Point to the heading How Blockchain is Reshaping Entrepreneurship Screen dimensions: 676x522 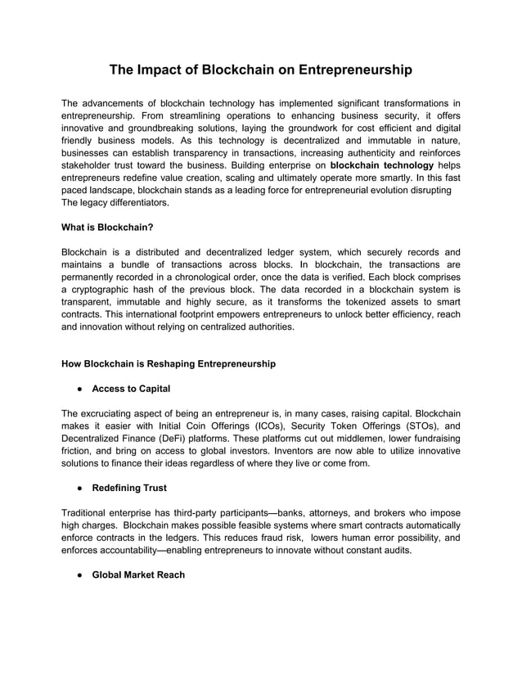[x=169, y=363]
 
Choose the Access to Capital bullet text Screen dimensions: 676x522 [x=131, y=389]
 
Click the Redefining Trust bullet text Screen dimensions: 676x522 [x=129, y=488]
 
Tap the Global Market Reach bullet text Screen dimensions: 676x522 [x=138, y=575]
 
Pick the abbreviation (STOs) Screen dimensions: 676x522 [x=405, y=426]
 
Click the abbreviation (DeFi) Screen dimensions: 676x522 [x=160, y=439]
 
